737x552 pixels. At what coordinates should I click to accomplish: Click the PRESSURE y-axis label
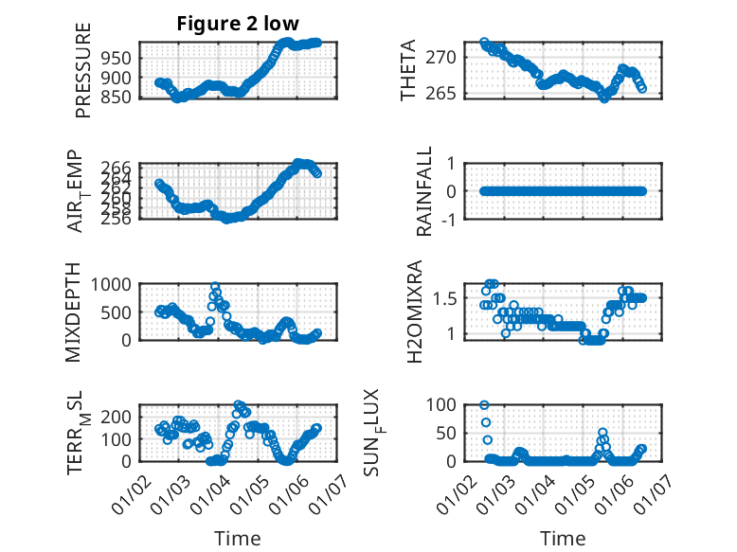pyautogui.click(x=83, y=77)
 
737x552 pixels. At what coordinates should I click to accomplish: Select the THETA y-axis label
pyautogui.click(x=408, y=71)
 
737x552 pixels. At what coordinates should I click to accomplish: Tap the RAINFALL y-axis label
pyautogui.click(x=425, y=190)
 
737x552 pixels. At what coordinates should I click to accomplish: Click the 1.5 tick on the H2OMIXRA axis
pyautogui.click(x=453, y=298)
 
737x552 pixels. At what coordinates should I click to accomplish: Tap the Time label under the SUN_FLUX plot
pyautogui.click(x=563, y=539)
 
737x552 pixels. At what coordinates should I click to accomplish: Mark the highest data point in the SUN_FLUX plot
pyautogui.click(x=484, y=405)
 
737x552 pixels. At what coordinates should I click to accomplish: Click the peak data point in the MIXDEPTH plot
pyautogui.click(x=215, y=286)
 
